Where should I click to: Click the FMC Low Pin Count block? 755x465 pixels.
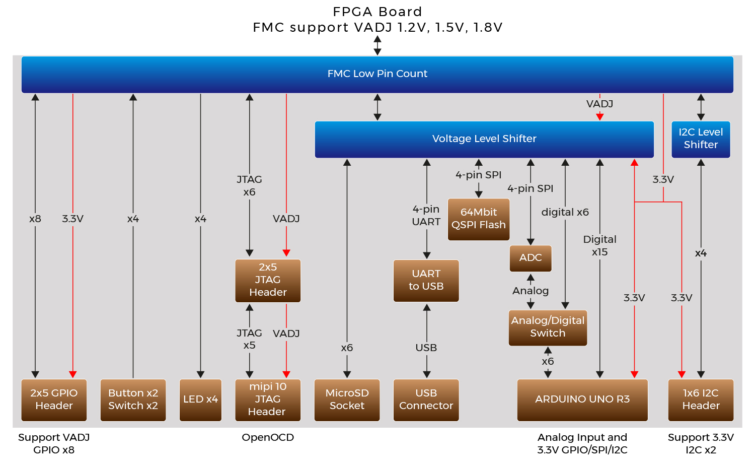tap(377, 74)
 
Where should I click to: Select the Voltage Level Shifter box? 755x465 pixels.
tap(484, 139)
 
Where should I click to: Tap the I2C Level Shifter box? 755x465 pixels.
tap(701, 139)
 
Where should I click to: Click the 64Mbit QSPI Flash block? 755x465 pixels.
tap(478, 219)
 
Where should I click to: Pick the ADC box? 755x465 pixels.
tap(531, 258)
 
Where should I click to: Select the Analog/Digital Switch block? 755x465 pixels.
tap(548, 327)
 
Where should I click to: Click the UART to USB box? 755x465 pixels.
tap(426, 280)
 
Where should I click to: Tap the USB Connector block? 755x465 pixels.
tap(426, 400)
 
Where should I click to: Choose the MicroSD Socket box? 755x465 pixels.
tap(347, 400)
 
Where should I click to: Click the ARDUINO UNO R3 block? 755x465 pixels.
tap(582, 400)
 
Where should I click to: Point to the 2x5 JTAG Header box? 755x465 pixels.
tap(268, 280)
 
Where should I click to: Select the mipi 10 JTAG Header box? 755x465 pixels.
tap(268, 400)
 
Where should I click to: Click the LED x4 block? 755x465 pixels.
tap(200, 400)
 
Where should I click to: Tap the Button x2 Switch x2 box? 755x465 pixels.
tap(133, 400)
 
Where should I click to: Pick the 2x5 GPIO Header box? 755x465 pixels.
tap(54, 400)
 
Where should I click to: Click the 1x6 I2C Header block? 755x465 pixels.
tap(701, 400)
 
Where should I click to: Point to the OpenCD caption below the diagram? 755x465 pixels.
tap(268, 437)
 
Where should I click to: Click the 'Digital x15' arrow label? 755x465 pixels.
tap(599, 245)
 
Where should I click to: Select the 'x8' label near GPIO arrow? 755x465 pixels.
tap(35, 219)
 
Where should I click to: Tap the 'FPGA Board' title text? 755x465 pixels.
tap(377, 12)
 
